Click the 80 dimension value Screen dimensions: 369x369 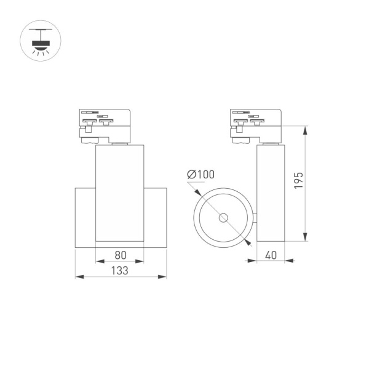click(x=121, y=253)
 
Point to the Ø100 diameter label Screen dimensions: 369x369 click(x=200, y=175)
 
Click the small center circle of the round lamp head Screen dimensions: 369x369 click(x=223, y=218)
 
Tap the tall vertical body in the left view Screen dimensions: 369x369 click(x=120, y=194)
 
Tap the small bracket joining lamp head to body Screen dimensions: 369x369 click(x=255, y=218)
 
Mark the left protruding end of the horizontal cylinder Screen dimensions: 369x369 click(x=85, y=218)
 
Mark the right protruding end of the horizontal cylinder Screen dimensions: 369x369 click(x=156, y=218)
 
